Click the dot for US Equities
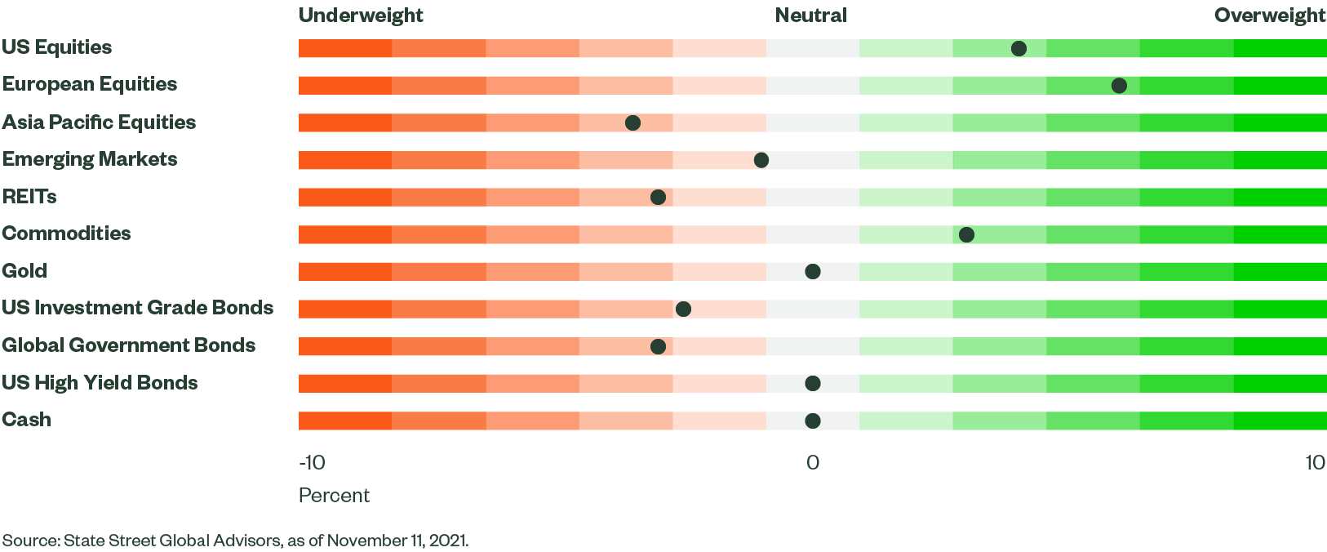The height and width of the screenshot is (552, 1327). click(x=1019, y=49)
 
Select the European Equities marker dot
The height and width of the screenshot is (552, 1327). click(x=1119, y=86)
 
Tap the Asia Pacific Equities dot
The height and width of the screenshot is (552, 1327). click(x=632, y=123)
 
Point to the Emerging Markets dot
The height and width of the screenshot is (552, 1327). click(x=761, y=160)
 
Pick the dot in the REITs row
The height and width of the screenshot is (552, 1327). click(x=658, y=198)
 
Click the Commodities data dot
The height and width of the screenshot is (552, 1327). click(x=966, y=235)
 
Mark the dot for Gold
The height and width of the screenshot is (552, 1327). click(x=812, y=272)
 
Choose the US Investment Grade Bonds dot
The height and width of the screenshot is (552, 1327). click(x=684, y=309)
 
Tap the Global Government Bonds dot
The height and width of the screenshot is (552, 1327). click(x=658, y=346)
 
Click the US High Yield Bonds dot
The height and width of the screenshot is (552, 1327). click(x=812, y=384)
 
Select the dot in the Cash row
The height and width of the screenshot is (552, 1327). click(x=812, y=421)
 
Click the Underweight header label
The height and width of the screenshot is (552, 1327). click(x=361, y=16)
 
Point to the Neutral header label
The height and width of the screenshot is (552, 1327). click(x=810, y=16)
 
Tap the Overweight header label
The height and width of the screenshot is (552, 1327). click(x=1269, y=16)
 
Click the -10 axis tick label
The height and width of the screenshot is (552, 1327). click(x=312, y=463)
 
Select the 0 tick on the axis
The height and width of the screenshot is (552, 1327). click(x=812, y=463)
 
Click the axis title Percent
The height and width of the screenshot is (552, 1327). click(x=334, y=496)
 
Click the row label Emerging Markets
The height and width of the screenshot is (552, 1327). click(x=90, y=159)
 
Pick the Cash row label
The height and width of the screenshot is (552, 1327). click(x=27, y=420)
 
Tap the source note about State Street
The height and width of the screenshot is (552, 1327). click(x=235, y=541)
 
